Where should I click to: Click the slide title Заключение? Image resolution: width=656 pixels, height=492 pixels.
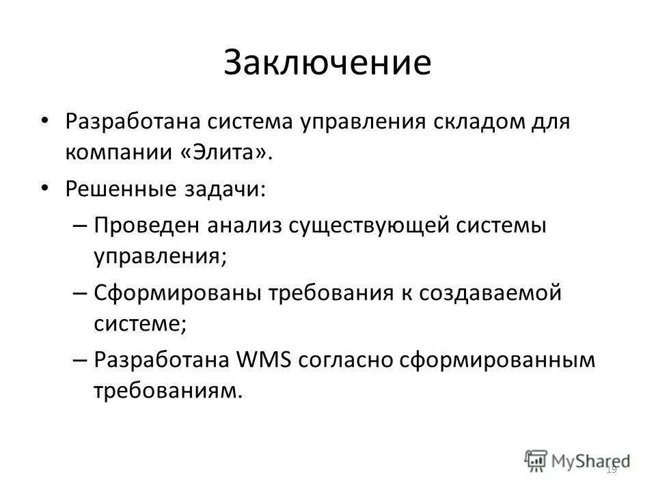(x=327, y=62)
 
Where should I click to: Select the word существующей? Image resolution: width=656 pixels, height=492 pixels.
(x=370, y=225)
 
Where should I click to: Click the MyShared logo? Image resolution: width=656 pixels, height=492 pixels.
(x=578, y=460)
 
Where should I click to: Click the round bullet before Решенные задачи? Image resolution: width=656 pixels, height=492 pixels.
(x=44, y=187)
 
